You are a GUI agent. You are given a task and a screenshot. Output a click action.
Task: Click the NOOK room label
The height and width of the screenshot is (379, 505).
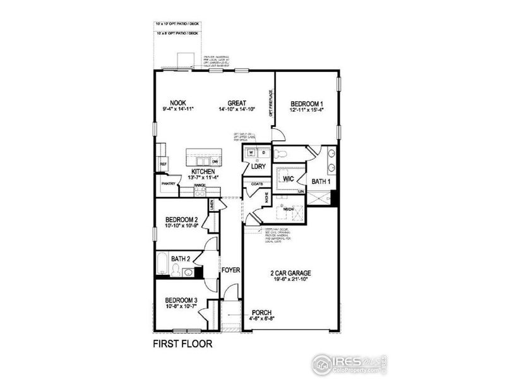(x=177, y=103)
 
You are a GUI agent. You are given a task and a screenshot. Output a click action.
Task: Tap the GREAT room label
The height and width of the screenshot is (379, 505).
(x=237, y=103)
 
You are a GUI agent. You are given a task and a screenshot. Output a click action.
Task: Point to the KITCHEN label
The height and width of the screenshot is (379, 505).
(x=204, y=171)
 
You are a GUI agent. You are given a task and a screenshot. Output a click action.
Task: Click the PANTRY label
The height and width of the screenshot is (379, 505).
(x=168, y=184)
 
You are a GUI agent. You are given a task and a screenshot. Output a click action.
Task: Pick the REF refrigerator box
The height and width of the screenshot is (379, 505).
(x=163, y=164)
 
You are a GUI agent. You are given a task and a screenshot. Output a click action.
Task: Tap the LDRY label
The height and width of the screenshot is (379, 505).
(x=258, y=167)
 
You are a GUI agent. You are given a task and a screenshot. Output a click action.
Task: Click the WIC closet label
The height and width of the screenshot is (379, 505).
(x=289, y=179)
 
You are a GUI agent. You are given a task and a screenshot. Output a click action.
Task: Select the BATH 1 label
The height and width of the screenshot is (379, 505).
(x=322, y=182)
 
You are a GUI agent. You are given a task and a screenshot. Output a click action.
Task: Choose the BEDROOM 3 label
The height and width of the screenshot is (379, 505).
(x=182, y=300)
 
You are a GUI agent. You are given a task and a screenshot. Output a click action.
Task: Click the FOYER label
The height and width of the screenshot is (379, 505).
(x=231, y=270)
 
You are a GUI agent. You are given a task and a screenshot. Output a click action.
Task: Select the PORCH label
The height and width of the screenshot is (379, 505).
(x=262, y=312)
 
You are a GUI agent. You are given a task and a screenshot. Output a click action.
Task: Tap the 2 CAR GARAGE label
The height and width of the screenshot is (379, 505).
(x=291, y=274)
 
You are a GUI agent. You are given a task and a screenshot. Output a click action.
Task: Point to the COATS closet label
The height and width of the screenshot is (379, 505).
(x=257, y=184)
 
